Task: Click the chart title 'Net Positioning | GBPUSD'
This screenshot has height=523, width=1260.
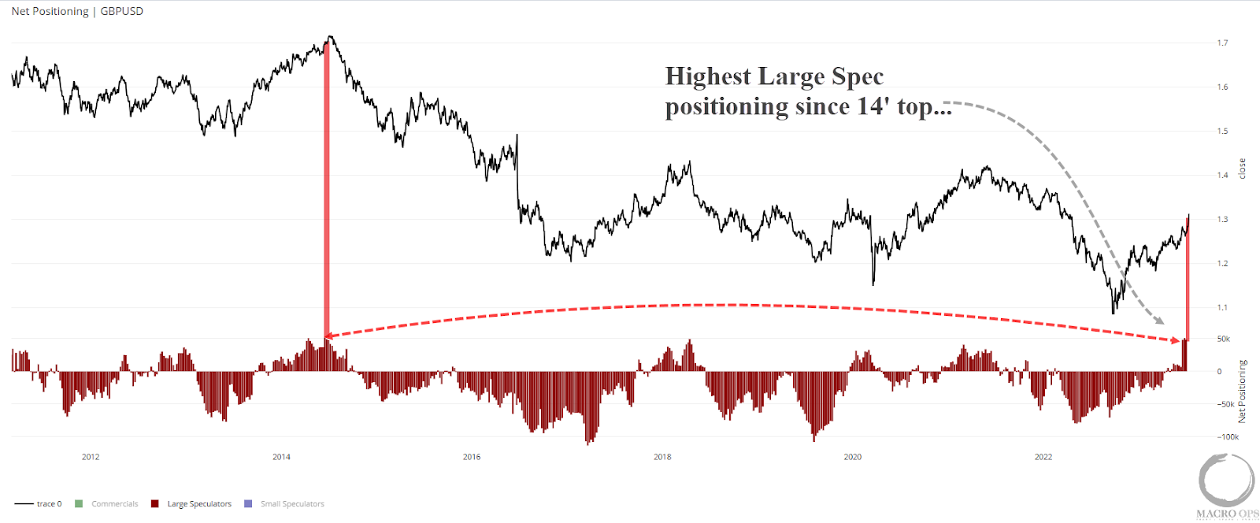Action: [x=77, y=11]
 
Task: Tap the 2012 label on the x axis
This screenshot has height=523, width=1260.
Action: [x=91, y=457]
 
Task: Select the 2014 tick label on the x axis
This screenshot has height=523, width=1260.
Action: [x=281, y=457]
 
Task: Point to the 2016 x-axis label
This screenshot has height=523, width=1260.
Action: [x=472, y=457]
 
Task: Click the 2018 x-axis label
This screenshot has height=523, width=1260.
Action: [x=662, y=457]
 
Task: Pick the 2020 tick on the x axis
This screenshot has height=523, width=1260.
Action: [x=853, y=457]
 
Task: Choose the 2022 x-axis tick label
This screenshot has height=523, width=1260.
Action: [x=1043, y=457]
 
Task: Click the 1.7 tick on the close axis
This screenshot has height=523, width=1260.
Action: [x=1222, y=43]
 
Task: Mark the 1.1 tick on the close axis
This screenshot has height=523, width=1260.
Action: [x=1222, y=308]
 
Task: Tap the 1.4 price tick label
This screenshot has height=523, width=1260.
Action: [x=1222, y=176]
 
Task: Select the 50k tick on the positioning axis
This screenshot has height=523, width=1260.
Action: [x=1223, y=339]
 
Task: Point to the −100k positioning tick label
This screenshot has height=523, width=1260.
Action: [x=1228, y=436]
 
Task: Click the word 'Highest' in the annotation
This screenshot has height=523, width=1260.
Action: [x=708, y=76]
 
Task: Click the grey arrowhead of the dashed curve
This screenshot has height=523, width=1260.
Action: [x=1159, y=321]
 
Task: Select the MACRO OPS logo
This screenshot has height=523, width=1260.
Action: [x=1227, y=486]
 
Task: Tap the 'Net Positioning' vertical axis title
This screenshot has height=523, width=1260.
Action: [x=1242, y=391]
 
